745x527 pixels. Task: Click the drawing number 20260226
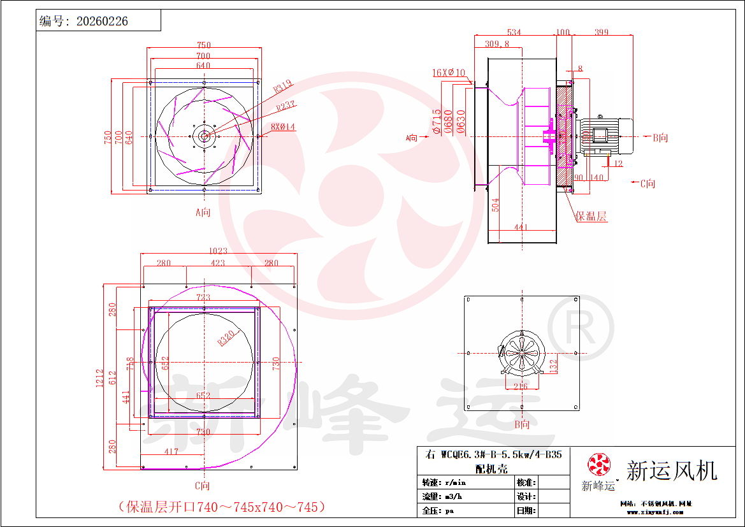[102, 21]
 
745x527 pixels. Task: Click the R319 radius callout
[284, 86]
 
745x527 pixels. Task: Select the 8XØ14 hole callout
[284, 127]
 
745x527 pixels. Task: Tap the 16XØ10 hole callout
[449, 73]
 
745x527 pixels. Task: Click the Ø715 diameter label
[437, 121]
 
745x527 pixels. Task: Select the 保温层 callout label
[591, 216]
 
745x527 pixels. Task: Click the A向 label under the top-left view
[203, 212]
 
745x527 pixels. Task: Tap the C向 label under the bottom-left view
[203, 487]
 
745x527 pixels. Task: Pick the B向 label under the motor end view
[522, 424]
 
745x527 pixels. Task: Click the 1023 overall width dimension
[218, 251]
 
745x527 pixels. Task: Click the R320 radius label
[226, 337]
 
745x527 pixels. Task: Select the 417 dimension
[171, 452]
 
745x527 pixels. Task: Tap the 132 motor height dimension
[554, 365]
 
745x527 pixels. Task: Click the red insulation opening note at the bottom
[222, 507]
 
